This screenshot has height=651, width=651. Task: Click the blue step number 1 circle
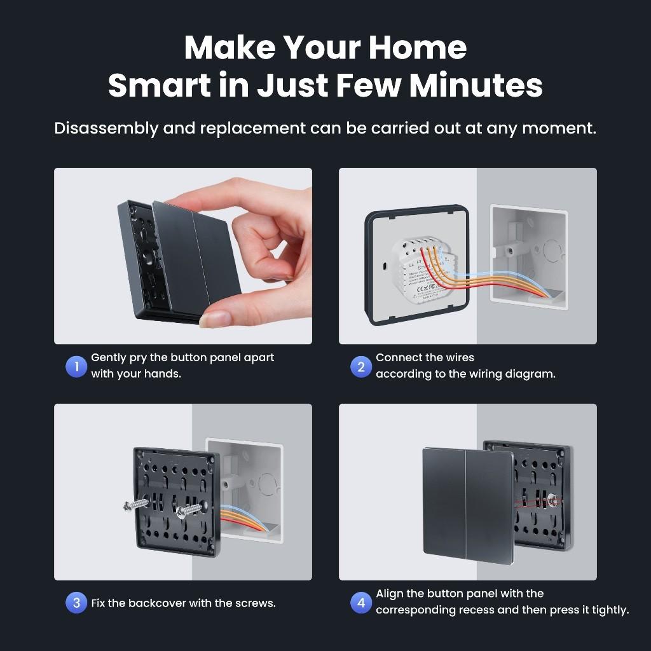[76, 367]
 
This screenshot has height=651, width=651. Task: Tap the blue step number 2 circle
[361, 367]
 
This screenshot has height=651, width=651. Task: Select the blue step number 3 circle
[76, 603]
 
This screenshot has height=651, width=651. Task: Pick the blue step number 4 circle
[361, 603]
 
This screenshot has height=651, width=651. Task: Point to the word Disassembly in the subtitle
[106, 128]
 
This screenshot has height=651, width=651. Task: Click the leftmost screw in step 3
[135, 505]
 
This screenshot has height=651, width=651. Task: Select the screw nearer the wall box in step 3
[189, 511]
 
